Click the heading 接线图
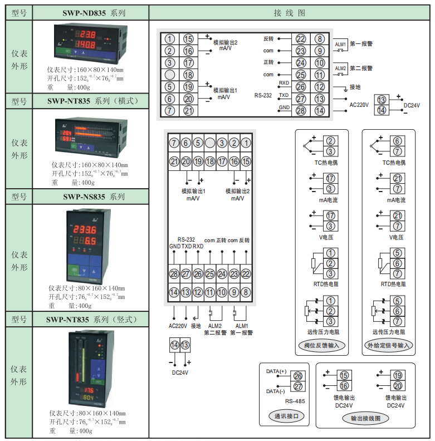tap(290, 12)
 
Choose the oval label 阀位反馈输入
tap(321, 345)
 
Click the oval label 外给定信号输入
tap(389, 345)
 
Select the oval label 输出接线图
tap(365, 418)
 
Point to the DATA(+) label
tap(276, 371)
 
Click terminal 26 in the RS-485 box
tap(297, 376)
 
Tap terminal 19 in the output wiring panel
tap(398, 375)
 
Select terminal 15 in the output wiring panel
tap(344, 375)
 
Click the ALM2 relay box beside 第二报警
tap(340, 68)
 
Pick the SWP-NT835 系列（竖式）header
tap(91, 319)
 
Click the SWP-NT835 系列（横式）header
tap(91, 101)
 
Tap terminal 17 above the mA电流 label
tap(330, 179)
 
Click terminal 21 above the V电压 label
tap(398, 216)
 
